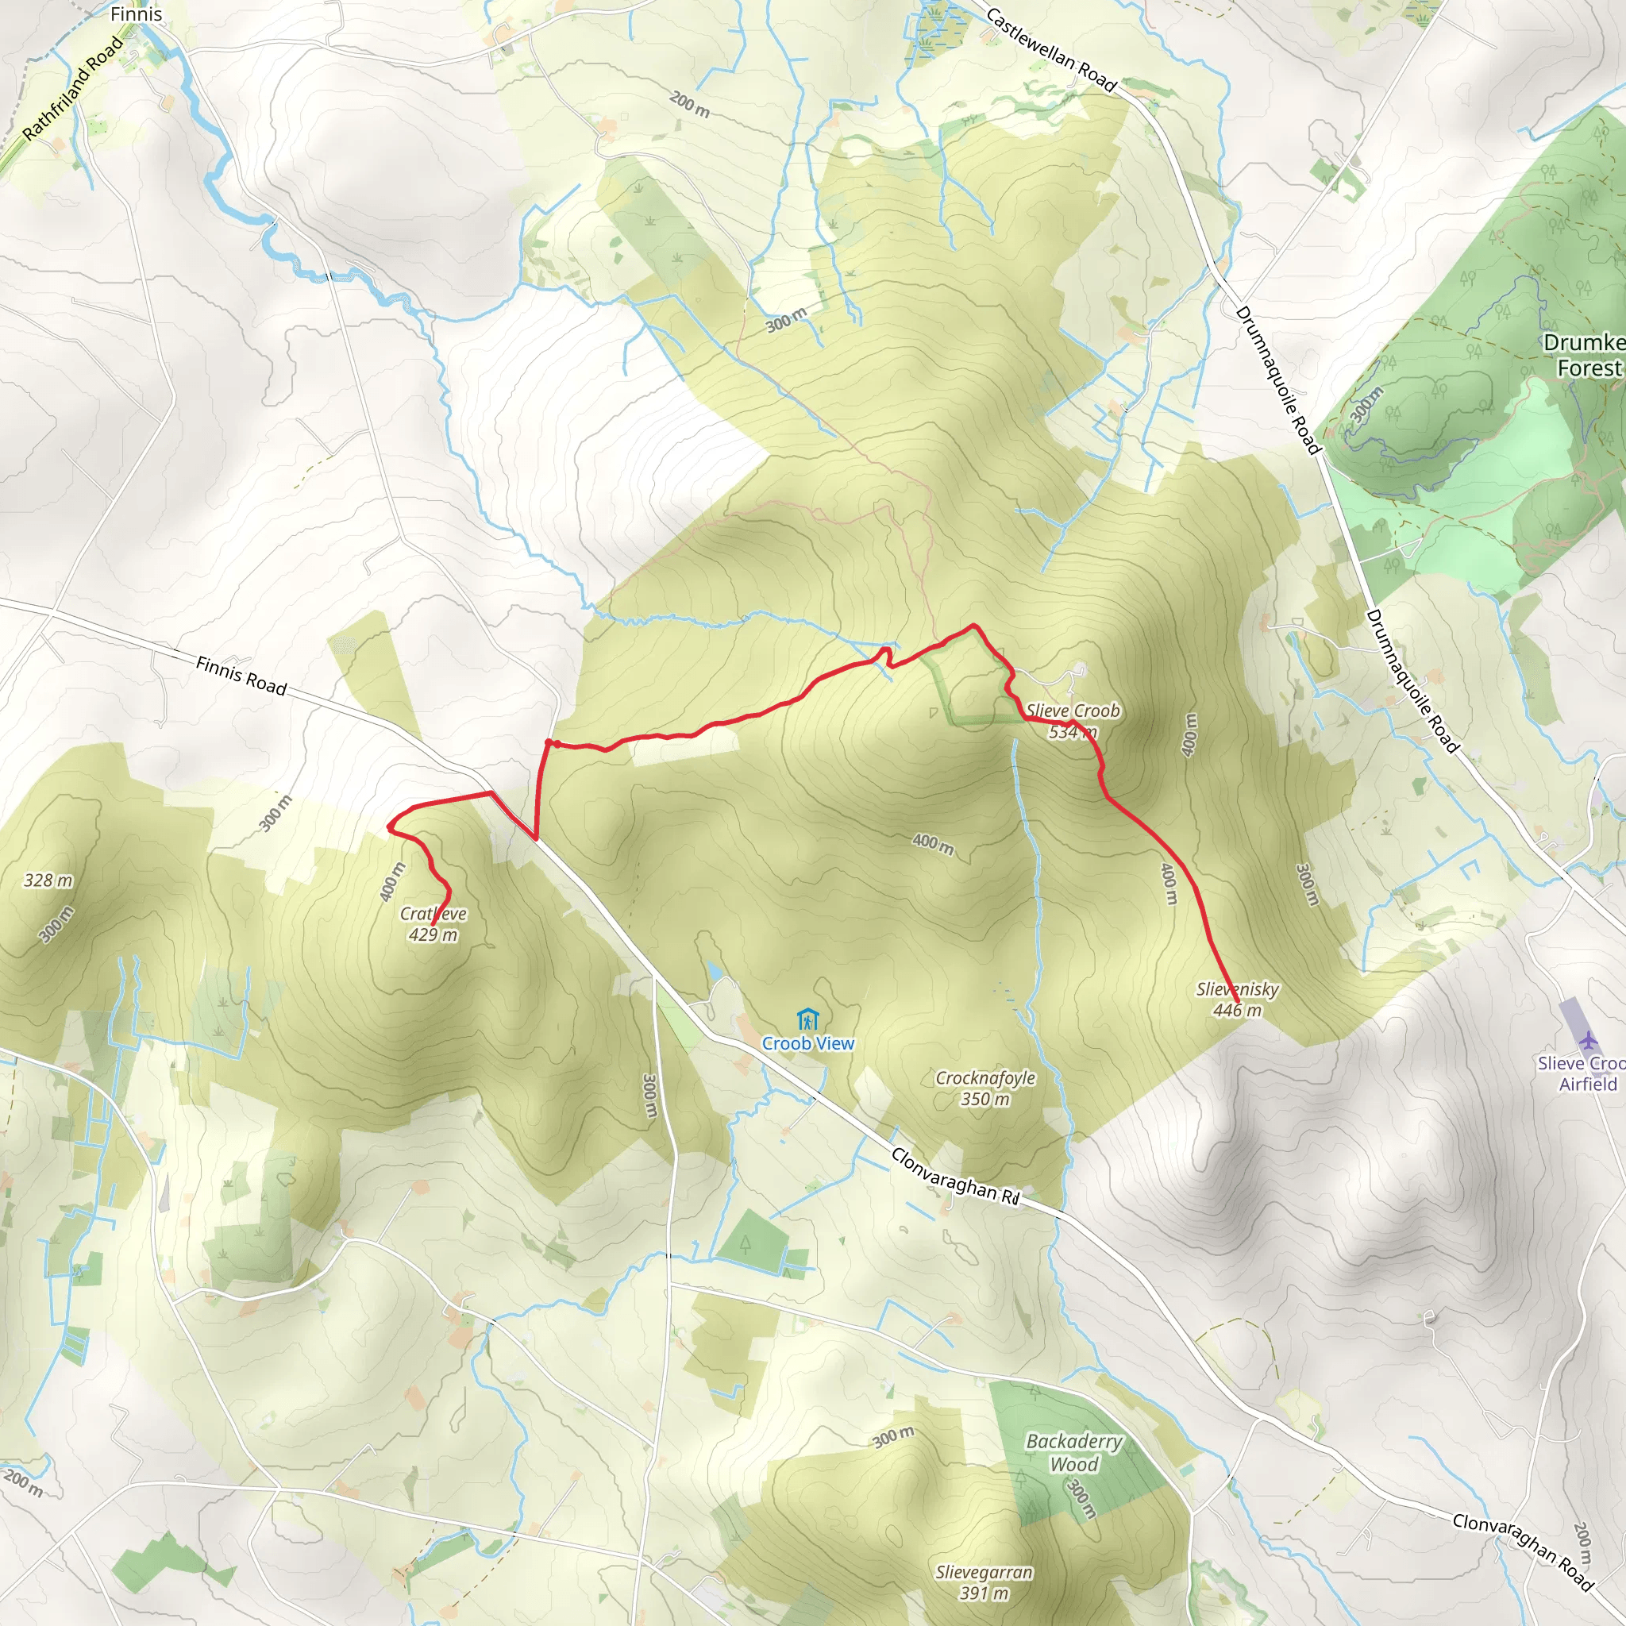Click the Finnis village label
[x=136, y=14]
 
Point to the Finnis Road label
[x=241, y=676]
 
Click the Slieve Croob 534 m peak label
[x=1073, y=721]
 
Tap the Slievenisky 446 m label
[x=1237, y=999]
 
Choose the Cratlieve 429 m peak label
[x=433, y=924]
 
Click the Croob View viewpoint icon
[x=807, y=1019]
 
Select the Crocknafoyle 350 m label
[x=985, y=1088]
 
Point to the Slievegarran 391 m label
[x=984, y=1582]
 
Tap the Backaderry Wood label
[x=1074, y=1453]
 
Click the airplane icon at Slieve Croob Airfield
[x=1587, y=1040]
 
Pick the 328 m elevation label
[x=48, y=880]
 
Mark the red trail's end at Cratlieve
[x=433, y=925]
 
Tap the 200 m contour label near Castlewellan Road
[x=689, y=104]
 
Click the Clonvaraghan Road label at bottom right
[x=1524, y=1552]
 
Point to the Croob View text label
[x=808, y=1043]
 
